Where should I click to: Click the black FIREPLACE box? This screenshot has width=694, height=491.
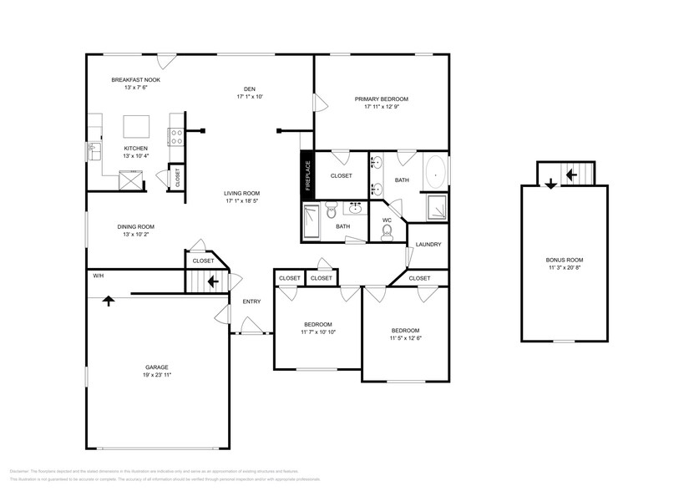(x=306, y=176)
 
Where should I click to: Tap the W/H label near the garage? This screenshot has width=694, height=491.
(x=98, y=276)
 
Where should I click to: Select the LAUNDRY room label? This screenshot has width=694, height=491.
(x=428, y=245)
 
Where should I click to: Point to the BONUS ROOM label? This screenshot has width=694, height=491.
(x=564, y=259)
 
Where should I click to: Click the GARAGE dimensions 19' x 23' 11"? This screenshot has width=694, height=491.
(x=157, y=375)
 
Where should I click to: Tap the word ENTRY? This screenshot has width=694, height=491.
(x=251, y=301)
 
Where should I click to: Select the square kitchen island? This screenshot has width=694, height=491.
(x=138, y=126)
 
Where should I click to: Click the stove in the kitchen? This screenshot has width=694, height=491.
(x=176, y=136)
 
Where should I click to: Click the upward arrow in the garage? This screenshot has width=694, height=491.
(x=108, y=301)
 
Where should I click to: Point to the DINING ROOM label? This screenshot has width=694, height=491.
(x=135, y=226)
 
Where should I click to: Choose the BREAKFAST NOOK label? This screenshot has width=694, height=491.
(x=135, y=80)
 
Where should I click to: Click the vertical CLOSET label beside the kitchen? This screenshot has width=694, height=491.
(x=177, y=178)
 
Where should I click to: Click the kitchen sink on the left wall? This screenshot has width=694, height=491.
(x=91, y=151)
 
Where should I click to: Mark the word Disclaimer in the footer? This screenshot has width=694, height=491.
(x=20, y=471)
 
